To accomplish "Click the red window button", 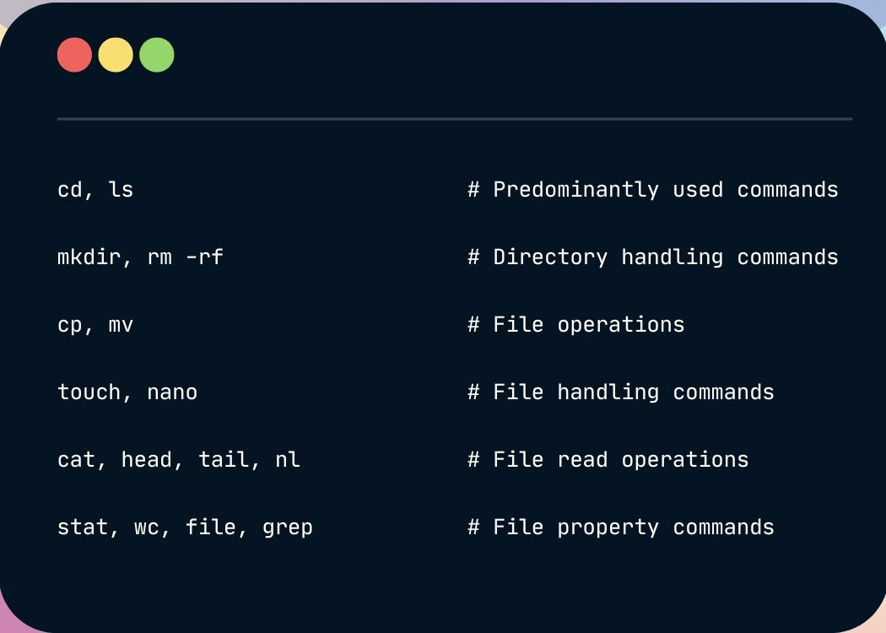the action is coord(74,55).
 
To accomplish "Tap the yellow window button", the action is coord(116,55).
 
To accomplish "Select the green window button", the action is coord(156,55).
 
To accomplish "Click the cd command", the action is coord(70,189).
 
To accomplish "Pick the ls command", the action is coord(121,189).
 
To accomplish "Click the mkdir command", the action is coord(89,257).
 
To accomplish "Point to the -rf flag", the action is coord(204,257).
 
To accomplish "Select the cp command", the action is coord(70,326).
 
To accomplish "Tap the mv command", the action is coord(121,326).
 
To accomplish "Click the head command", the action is coord(147,459).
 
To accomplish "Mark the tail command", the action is coord(224,459).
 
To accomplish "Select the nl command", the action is coord(288,459).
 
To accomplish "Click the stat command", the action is coord(83,527).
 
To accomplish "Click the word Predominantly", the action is coord(576,190).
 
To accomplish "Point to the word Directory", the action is coord(551,257).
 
